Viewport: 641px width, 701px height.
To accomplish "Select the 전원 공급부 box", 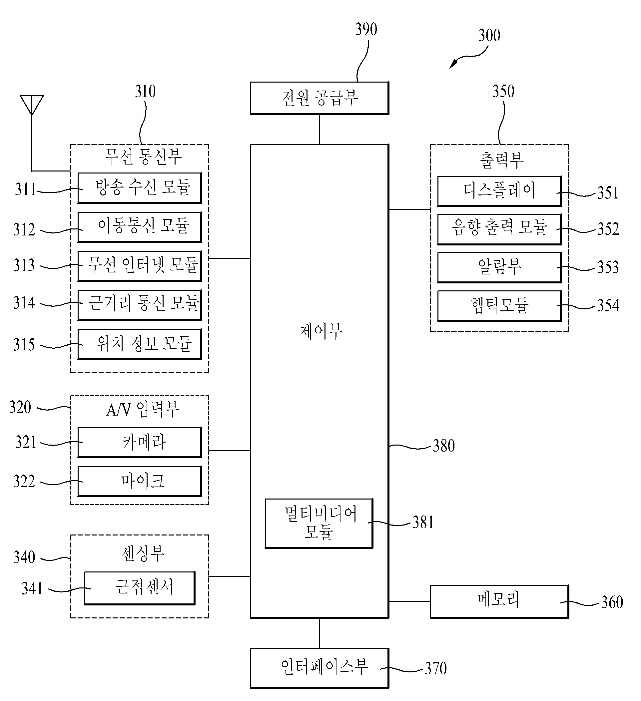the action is (x=319, y=98).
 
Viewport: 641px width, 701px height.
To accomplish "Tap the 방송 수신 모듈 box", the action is (x=140, y=188).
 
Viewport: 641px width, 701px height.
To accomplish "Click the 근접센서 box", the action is (x=140, y=588).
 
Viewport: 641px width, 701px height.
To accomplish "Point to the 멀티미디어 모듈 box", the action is (x=319, y=523).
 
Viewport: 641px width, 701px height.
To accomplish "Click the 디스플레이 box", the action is (x=499, y=191).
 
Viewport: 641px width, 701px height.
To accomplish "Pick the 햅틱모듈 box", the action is (x=499, y=306).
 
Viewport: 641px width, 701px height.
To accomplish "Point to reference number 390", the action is (x=366, y=29).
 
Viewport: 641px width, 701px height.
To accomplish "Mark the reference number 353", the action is (x=608, y=267).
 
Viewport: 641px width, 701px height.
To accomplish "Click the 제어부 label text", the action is (x=321, y=331).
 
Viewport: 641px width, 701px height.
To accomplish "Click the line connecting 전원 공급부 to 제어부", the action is (x=319, y=129).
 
